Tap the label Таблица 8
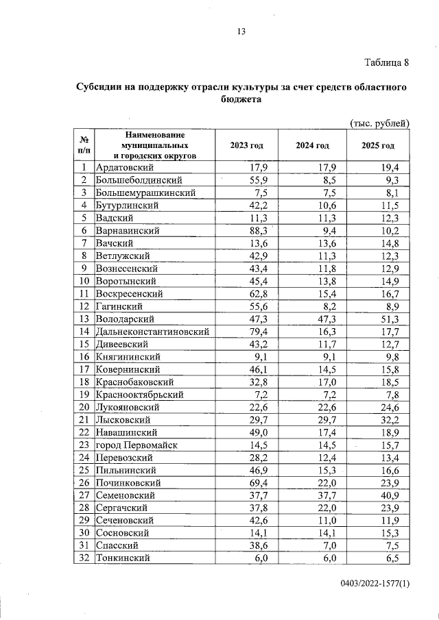(386, 63)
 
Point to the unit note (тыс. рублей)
(379, 123)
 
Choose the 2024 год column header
(312, 146)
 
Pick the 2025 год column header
(378, 146)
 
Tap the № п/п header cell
(83, 145)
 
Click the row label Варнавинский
(128, 230)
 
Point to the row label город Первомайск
(137, 445)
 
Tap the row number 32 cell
(83, 558)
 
